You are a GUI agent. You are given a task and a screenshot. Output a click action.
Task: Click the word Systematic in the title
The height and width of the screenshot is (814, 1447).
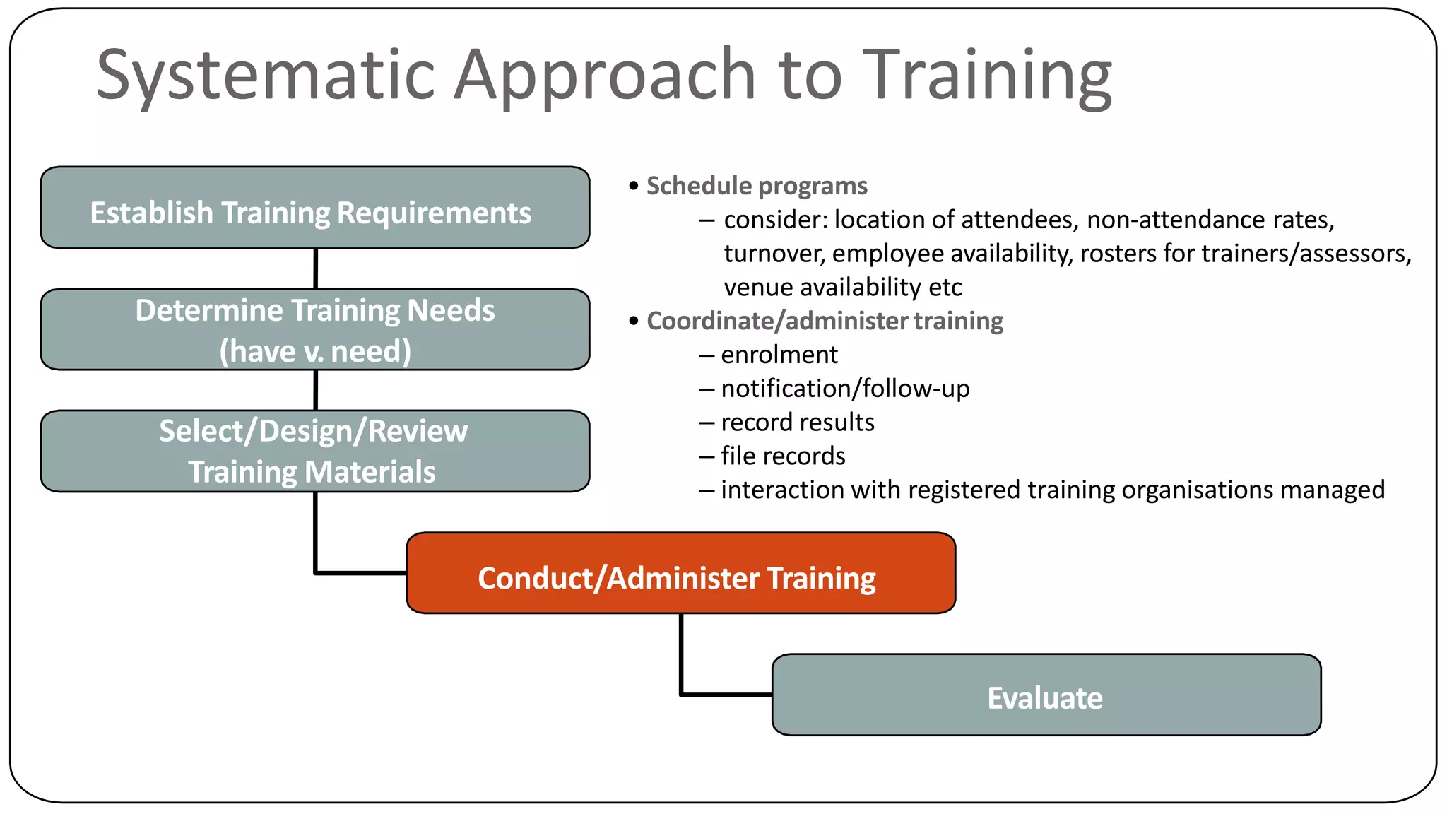(265, 75)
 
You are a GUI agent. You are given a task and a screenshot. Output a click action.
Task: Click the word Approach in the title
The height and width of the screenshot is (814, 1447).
(605, 75)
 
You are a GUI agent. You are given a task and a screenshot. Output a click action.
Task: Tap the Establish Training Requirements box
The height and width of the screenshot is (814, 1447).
(315, 208)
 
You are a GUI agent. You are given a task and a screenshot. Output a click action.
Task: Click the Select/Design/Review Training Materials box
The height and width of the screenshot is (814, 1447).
(315, 451)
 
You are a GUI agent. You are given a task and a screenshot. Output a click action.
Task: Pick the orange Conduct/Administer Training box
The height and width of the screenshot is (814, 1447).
(680, 574)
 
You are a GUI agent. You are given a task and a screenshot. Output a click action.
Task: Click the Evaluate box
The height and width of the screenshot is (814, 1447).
(1046, 695)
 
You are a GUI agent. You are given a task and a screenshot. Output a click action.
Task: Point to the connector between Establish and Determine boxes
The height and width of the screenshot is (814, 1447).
(315, 269)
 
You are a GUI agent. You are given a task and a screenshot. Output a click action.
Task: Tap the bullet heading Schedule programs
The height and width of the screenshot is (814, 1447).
(756, 186)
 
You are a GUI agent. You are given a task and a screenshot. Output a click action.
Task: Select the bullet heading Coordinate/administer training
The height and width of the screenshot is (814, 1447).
(824, 321)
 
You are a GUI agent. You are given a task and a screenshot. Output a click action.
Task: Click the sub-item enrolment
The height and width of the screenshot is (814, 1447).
(779, 355)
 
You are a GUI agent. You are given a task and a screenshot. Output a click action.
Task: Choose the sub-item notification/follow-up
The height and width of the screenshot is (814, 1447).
(844, 389)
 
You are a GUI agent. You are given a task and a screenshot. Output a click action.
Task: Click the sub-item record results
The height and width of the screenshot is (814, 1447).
(797, 423)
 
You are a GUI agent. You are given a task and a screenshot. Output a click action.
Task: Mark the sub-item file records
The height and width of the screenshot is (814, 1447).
(782, 456)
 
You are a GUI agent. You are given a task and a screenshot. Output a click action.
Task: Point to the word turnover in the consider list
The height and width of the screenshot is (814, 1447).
(774, 254)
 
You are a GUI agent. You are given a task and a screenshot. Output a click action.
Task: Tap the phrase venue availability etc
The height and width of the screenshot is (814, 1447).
(842, 288)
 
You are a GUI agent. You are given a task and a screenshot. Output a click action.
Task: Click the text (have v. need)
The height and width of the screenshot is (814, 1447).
(315, 351)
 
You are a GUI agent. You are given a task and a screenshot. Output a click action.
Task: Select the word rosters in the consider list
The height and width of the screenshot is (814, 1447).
(1118, 254)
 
